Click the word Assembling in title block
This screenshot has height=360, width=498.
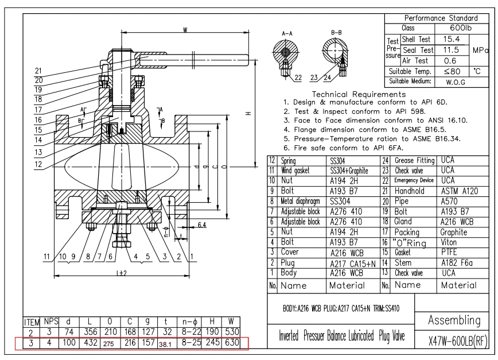pos(453,319)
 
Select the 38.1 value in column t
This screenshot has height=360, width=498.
pos(165,344)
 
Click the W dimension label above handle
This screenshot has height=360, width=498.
pos(184,30)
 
